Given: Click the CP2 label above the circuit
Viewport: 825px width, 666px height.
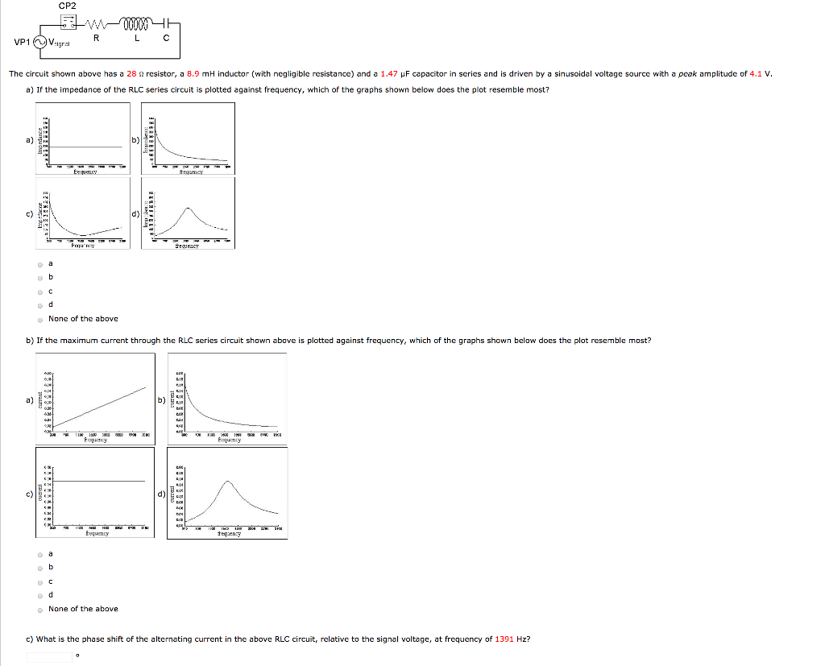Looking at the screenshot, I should tap(67, 6).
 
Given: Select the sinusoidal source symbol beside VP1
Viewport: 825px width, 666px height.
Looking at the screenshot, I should tap(40, 43).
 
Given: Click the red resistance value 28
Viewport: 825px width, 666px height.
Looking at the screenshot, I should tap(132, 74).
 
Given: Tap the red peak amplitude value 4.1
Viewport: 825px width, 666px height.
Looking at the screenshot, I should tap(755, 74).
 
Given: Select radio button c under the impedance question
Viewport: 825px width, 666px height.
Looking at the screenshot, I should tap(39, 291).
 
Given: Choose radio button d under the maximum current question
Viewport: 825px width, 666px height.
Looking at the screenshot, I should tap(39, 595).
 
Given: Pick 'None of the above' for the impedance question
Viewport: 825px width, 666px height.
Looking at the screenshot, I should tap(39, 319).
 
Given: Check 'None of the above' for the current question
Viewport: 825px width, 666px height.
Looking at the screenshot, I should tap(39, 609).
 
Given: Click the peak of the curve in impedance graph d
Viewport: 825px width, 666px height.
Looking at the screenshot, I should tap(188, 208).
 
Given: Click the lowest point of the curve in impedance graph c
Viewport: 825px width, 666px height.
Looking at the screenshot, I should tap(83, 232).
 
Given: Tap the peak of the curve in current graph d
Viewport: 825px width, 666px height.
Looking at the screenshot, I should tap(228, 482).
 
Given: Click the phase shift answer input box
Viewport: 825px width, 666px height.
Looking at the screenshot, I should tap(49, 656).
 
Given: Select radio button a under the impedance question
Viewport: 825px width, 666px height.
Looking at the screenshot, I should tap(39, 263).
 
